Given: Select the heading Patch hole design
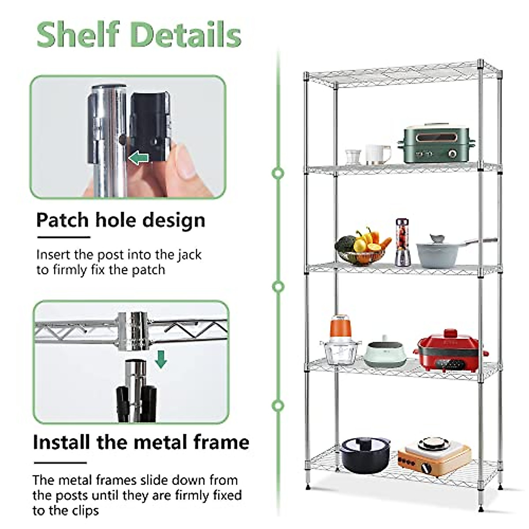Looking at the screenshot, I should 120,220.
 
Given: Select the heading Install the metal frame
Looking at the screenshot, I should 141,442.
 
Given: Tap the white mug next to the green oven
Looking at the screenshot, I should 377,155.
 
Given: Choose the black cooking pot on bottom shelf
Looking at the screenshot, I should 365,454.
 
